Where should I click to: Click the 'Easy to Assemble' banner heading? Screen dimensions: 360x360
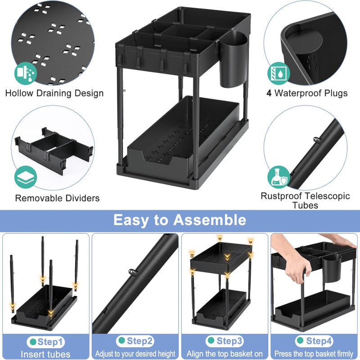[x=180, y=220]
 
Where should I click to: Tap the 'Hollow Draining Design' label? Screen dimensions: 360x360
[x=54, y=93]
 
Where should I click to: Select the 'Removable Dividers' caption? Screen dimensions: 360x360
[x=57, y=198]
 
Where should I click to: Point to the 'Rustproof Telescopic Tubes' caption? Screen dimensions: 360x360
[x=305, y=200]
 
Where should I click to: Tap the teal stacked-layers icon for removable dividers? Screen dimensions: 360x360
[x=25, y=177]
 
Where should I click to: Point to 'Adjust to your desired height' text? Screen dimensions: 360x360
[x=135, y=354]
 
